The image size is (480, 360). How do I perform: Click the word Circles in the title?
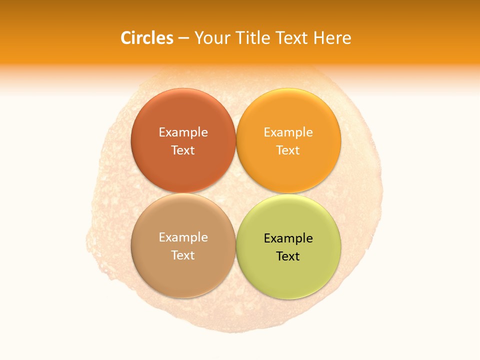point(146,38)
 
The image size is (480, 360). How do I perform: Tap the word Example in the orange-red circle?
point(183,132)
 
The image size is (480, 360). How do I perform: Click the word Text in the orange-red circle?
point(183,150)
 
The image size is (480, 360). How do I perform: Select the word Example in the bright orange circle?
point(288,132)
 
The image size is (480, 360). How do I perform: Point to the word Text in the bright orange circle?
point(288,150)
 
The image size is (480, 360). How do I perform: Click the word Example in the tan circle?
point(183,237)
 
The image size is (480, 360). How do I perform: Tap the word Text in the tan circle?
point(183,255)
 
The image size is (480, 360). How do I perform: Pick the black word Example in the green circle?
point(288,238)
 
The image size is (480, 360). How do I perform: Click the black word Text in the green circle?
point(288,256)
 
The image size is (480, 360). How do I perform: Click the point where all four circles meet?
point(236,193)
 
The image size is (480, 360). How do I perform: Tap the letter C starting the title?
point(126,38)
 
